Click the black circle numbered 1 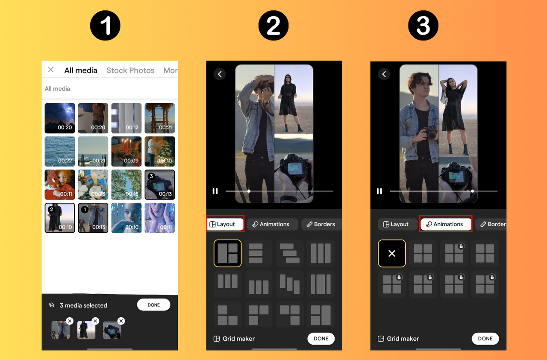point(105,26)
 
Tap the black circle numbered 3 point(423,26)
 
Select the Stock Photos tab point(130,70)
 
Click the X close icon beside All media point(51,70)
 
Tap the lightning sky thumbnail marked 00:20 point(60,118)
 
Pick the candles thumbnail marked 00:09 point(126,151)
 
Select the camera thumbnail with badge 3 point(160,184)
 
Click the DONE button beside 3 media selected point(153,305)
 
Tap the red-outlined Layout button point(225,224)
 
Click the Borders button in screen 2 point(321,224)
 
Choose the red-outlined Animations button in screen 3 point(446,224)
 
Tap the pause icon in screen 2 point(215,191)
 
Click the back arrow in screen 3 point(384,74)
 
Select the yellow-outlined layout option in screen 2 point(228,253)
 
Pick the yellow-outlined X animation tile point(392,253)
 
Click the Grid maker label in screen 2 point(238,339)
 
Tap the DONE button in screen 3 point(485,339)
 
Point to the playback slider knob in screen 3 point(472,191)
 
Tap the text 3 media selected point(83,305)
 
